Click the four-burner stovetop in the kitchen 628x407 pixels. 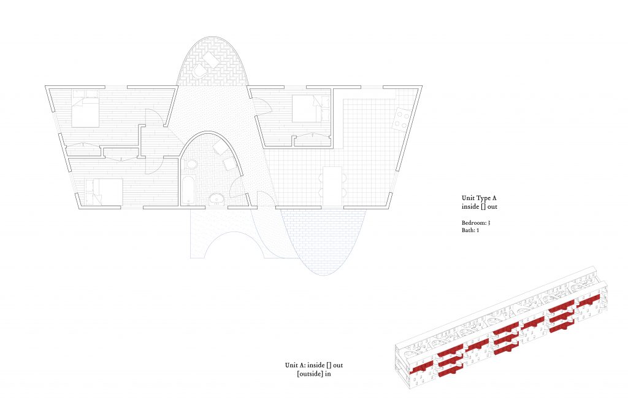[x=402, y=119]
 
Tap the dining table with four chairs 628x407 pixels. [x=332, y=186]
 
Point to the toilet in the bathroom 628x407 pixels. [x=191, y=165]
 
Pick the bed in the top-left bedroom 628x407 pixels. [x=85, y=109]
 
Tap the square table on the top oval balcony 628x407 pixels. [x=212, y=60]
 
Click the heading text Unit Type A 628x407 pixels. [x=479, y=198]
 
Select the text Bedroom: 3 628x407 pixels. [x=476, y=223]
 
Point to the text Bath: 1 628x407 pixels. [x=470, y=230]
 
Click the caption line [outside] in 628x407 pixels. [x=314, y=374]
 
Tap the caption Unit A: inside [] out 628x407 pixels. [x=314, y=365]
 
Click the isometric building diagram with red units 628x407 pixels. [x=502, y=327]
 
